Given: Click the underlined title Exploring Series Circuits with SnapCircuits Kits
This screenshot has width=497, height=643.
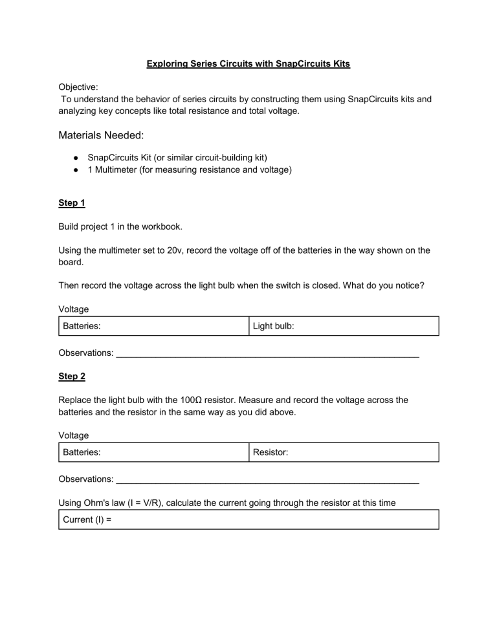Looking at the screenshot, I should click(248, 65).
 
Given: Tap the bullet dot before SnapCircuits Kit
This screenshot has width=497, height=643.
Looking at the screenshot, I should click(76, 157).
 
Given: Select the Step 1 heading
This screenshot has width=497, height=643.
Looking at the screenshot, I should click(72, 203).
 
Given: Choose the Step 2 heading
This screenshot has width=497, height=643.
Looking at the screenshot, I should click(72, 376).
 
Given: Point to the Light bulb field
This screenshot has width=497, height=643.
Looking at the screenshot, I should click(343, 326).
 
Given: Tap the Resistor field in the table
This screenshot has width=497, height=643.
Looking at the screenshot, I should click(343, 453).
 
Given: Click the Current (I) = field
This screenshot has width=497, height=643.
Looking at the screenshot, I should click(248, 519).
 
